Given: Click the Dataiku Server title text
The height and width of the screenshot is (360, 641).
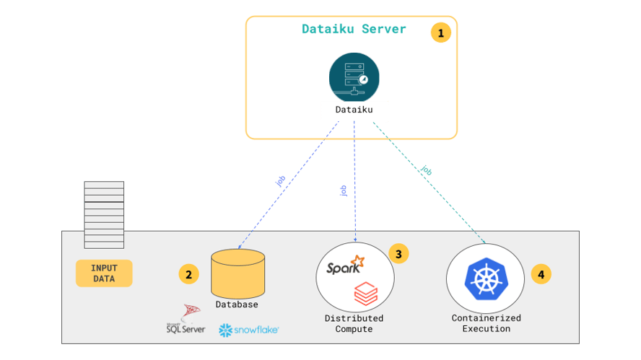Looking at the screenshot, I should pos(354,30).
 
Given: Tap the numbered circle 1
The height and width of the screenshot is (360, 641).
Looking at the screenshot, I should pos(440,32).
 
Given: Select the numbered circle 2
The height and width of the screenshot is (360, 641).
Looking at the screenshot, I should pos(188,274).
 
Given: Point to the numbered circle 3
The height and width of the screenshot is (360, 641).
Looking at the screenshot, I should pos(398,253).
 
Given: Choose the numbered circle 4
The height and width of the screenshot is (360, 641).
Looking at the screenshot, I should pos(541,274).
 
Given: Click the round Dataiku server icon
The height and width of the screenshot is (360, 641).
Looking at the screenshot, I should pos(354,76).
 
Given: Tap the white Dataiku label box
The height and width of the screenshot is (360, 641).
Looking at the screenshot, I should pos(354,110).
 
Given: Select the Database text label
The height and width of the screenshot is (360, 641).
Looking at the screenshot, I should pos(237,304).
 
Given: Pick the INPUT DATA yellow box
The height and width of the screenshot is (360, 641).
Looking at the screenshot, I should pos(104,273).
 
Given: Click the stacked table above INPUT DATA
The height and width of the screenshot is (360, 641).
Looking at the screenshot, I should pos(104,215).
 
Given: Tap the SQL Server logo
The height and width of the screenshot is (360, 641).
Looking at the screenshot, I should pos(186,320).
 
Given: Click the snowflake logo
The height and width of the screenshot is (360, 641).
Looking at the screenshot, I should pos(248,330).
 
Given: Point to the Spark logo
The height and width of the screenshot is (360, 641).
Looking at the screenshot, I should pos(344,267).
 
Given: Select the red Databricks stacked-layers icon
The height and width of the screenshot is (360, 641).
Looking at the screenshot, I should pos(366,294).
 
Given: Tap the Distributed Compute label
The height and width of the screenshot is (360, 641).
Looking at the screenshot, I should pos(354,323).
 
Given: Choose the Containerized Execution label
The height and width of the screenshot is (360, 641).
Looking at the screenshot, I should pos(486,323).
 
